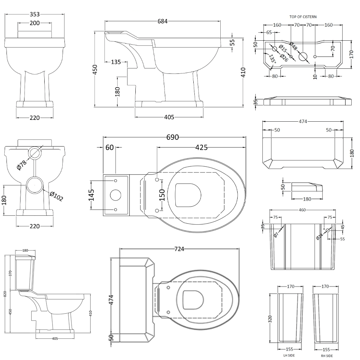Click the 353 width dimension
[x=34, y=14]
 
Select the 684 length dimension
[x=162, y=21]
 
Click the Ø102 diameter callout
[x=56, y=197]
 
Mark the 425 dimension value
[x=201, y=148]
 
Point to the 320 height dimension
[x=270, y=319]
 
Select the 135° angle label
[x=272, y=59]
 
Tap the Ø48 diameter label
[x=293, y=47]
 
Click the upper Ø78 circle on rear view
[x=35, y=152]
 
